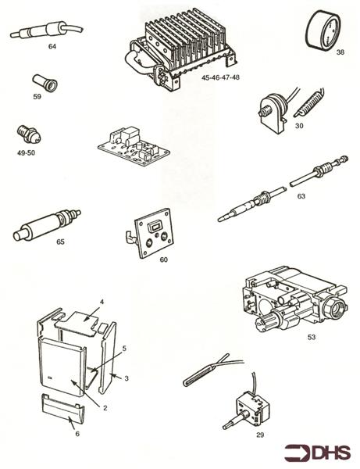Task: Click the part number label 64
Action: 52,46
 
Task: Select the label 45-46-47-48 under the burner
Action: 220,77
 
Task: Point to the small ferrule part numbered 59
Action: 45,83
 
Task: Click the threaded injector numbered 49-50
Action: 29,135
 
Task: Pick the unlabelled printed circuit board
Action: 134,145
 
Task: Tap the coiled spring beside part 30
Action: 308,102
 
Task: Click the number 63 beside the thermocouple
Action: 301,196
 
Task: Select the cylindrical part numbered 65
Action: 46,225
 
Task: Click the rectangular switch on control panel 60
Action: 155,227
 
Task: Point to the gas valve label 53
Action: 312,337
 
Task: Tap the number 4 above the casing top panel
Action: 102,302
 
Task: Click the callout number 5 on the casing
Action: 124,348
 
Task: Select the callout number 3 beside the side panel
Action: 127,378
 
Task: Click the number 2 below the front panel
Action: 105,408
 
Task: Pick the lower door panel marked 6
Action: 62,409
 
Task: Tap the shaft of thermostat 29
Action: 235,421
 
